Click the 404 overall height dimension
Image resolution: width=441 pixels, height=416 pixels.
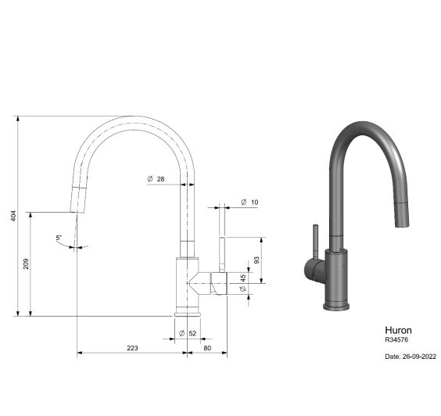tap(13, 216)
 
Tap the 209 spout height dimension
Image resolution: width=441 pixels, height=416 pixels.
tap(26, 264)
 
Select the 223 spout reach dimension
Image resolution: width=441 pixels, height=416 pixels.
tap(132, 348)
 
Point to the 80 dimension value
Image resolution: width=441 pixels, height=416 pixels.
tap(207, 348)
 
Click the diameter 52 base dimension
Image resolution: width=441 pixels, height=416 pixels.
tap(188, 333)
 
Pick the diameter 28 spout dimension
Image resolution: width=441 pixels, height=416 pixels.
tap(156, 179)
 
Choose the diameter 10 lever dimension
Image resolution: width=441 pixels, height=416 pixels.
tap(249, 202)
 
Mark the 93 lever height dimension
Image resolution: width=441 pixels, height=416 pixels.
tap(256, 260)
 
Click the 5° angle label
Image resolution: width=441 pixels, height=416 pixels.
tap(59, 238)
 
